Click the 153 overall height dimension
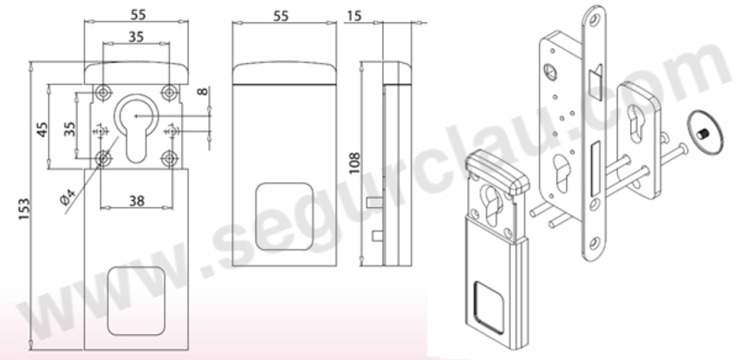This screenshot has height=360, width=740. (x=24, y=209)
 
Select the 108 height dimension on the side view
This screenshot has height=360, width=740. (x=354, y=163)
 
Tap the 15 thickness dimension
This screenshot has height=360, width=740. (x=354, y=16)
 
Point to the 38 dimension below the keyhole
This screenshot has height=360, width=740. (x=136, y=201)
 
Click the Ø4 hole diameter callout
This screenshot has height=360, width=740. (x=68, y=196)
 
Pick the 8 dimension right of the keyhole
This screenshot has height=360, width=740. (x=203, y=91)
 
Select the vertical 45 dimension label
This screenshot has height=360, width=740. (x=43, y=130)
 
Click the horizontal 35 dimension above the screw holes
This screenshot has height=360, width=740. (x=136, y=36)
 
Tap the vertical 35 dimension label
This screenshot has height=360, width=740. (x=70, y=129)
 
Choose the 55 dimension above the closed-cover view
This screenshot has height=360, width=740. (x=281, y=16)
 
